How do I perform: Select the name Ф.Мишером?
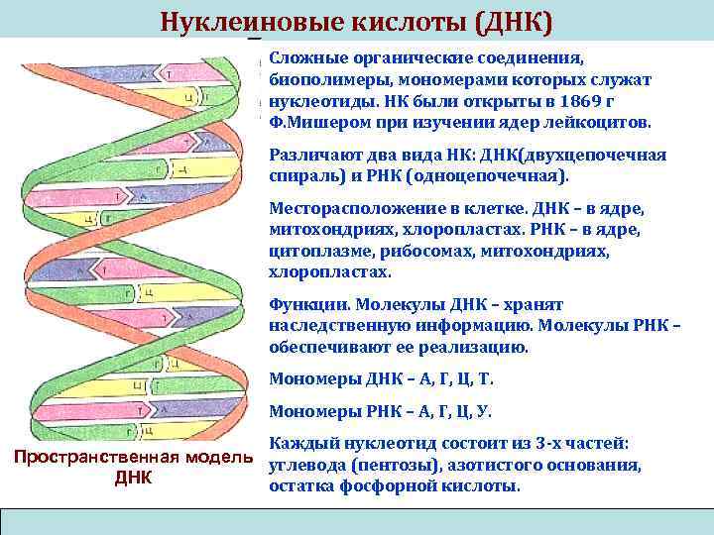click(x=313, y=123)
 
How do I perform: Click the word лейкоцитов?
click(x=600, y=123)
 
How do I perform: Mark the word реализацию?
click(x=480, y=348)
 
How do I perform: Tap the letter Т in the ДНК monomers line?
click(x=487, y=379)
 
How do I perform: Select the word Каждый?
click(x=302, y=445)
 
